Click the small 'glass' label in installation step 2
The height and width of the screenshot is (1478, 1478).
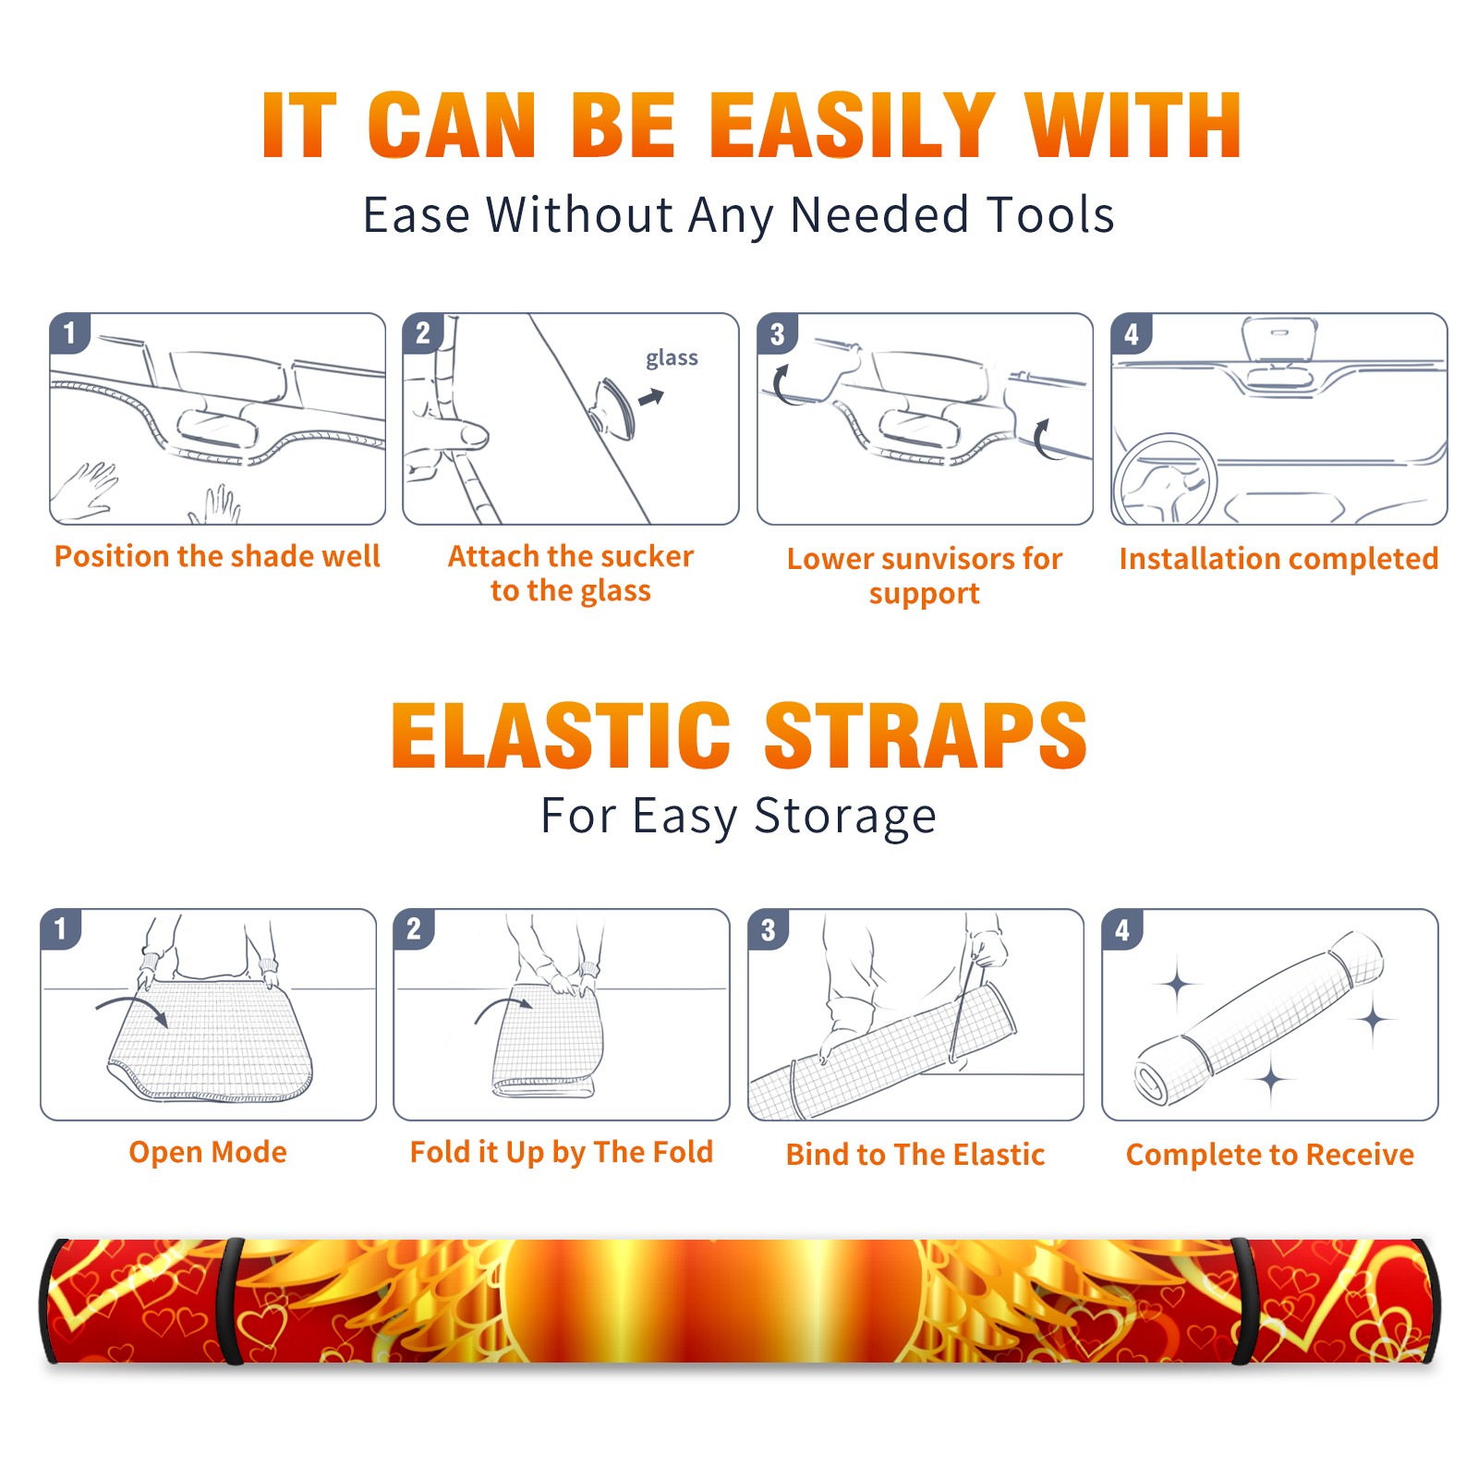point(672,358)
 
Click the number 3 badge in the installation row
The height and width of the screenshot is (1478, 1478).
point(778,334)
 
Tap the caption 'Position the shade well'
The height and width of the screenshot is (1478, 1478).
point(217,556)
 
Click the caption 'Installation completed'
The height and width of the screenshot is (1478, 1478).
point(1278,558)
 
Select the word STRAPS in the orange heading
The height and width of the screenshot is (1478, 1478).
point(926,735)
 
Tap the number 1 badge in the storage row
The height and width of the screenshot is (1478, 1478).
point(61,929)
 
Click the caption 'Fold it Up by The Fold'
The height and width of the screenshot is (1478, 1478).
point(562,1152)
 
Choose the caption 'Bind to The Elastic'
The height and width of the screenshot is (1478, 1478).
point(915,1155)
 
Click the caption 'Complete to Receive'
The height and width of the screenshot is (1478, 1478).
point(1270,1155)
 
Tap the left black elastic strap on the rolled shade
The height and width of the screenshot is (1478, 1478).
point(231,1301)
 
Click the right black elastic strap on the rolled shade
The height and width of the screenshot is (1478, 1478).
point(1243,1301)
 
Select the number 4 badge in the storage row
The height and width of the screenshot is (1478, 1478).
point(1122,929)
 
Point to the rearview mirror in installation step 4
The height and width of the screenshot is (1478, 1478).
point(1278,339)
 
